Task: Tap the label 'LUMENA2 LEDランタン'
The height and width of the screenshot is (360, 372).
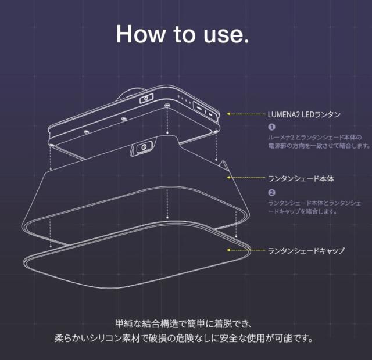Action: pos(305,114)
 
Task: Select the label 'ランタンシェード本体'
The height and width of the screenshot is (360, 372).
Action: pos(300,179)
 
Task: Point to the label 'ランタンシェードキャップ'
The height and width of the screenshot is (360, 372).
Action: pos(306,251)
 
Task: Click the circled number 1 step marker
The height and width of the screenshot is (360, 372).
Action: pos(271,127)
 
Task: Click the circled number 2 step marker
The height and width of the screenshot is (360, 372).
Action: pos(271,192)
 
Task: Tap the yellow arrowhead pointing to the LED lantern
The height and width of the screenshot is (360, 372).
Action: pos(229,114)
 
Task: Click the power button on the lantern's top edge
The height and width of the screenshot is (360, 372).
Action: pos(146,99)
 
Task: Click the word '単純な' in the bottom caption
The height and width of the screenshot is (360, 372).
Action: pos(124,323)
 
